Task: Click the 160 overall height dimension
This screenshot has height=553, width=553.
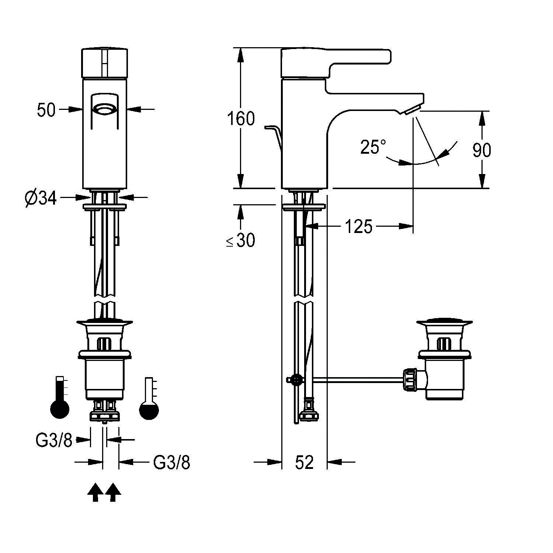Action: click(x=241, y=119)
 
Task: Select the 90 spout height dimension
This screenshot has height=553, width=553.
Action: click(x=481, y=150)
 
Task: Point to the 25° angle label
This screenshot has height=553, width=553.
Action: click(x=373, y=147)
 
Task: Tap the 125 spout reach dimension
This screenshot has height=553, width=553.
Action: click(x=358, y=226)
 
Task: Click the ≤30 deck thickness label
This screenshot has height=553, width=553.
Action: click(x=240, y=241)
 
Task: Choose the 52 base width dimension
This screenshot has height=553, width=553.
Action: click(x=304, y=462)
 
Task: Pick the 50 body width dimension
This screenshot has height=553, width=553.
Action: click(x=46, y=110)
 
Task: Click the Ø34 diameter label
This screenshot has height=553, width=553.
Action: click(x=41, y=199)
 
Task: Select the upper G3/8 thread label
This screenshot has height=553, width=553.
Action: click(x=54, y=440)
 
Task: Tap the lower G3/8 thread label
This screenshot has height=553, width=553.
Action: click(x=172, y=462)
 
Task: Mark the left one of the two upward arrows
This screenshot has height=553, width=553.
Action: click(x=95, y=493)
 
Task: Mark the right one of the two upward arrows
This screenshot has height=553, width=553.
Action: click(x=113, y=493)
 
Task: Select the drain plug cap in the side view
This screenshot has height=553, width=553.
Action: click(x=444, y=322)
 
